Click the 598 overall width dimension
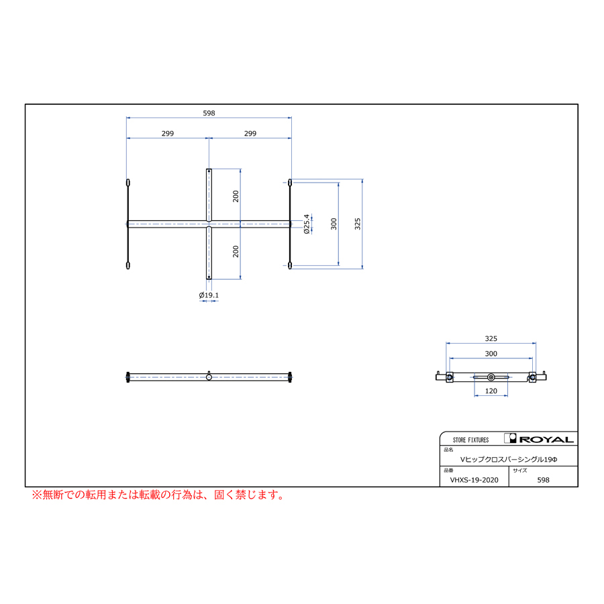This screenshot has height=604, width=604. click(x=209, y=113)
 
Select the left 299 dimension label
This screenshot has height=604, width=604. click(x=168, y=134)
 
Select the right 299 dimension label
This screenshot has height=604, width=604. click(x=250, y=134)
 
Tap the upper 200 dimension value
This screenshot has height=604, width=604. click(x=236, y=196)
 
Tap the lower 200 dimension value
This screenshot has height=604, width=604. click(x=236, y=252)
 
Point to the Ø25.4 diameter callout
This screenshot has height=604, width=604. click(x=307, y=224)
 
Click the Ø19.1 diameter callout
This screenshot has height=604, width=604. click(x=209, y=295)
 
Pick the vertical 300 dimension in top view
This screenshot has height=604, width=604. click(x=334, y=223)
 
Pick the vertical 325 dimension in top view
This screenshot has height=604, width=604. click(x=358, y=223)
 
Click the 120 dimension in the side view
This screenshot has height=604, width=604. click(x=491, y=391)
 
